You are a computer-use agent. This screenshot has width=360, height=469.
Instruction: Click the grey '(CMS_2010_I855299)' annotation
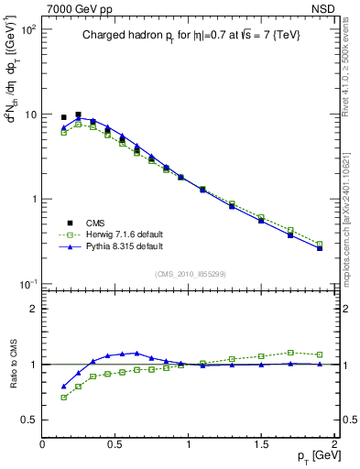point(188,274)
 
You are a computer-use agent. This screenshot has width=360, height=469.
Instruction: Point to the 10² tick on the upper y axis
point(27,29)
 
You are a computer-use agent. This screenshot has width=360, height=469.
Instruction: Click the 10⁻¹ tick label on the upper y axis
point(27,284)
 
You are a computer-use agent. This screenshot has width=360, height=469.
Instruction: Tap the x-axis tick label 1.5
point(261,446)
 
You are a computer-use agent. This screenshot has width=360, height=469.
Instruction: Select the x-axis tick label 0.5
point(115,446)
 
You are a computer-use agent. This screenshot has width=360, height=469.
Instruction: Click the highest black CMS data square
point(78,115)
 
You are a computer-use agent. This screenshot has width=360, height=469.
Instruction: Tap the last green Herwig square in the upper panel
point(319,245)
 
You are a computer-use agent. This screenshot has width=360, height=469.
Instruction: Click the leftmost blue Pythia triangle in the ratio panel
point(63,387)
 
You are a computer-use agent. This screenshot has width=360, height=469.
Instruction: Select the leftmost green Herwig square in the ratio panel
point(63,398)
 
